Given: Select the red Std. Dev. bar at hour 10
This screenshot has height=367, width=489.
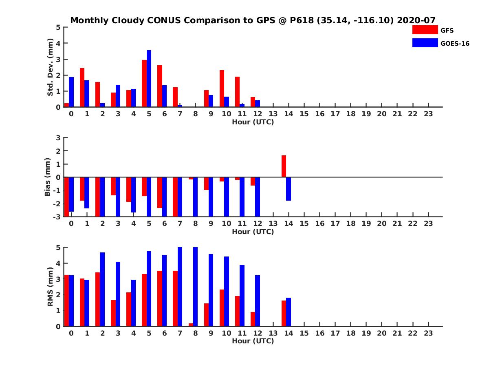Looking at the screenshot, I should (222, 88).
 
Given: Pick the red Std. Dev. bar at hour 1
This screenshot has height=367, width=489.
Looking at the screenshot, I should (82, 88).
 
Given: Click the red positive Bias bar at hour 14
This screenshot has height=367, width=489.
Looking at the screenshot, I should (284, 166).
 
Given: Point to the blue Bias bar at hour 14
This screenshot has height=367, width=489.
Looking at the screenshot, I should (289, 189).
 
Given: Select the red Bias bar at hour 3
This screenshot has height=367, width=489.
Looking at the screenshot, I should (113, 186).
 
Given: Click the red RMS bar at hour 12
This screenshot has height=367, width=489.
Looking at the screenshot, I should (253, 319).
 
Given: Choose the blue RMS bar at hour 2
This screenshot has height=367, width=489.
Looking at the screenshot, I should (102, 289).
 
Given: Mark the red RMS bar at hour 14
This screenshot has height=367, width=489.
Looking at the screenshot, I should (284, 313).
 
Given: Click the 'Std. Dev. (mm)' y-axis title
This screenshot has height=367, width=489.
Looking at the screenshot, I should (51, 67).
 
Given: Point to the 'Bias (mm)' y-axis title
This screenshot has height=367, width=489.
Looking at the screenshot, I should (48, 177).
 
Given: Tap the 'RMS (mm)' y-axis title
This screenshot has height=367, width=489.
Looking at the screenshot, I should (51, 287).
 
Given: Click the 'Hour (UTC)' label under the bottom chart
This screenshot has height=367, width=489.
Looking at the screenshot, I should (253, 341).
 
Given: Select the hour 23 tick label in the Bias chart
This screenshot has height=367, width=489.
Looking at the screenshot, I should (428, 223).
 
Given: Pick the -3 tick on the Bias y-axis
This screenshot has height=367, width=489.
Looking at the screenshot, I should (57, 217).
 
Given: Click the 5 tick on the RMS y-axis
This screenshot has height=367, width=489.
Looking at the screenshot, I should (59, 248).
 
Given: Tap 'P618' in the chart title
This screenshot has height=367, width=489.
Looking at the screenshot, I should (300, 20).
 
